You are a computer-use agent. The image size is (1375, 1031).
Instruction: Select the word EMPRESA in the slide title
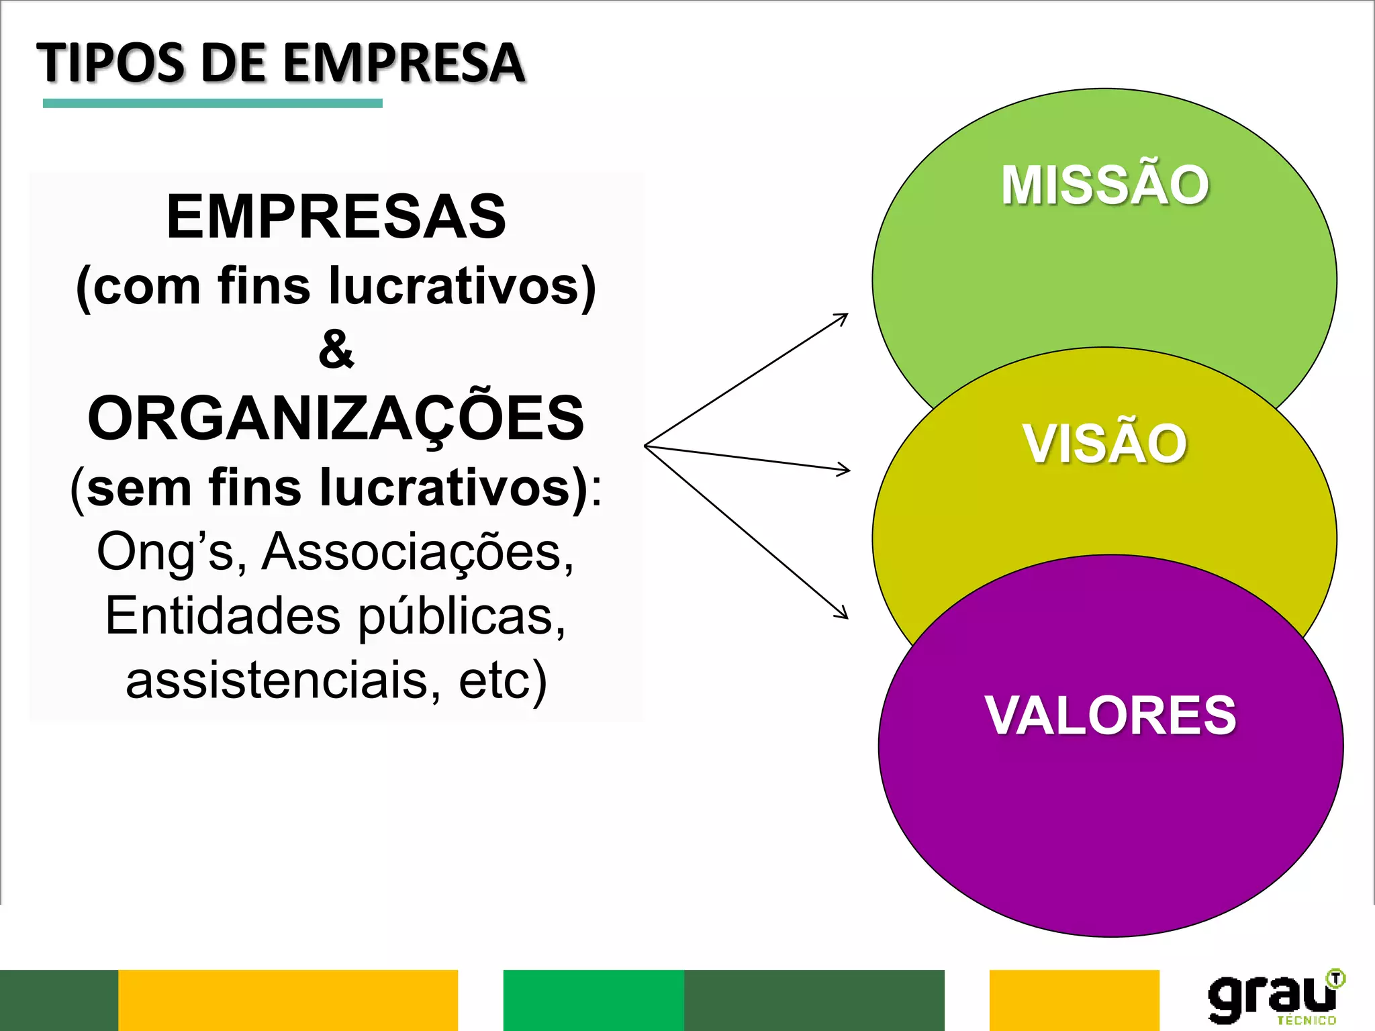click(404, 63)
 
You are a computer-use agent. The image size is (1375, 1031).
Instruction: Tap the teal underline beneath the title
click(212, 103)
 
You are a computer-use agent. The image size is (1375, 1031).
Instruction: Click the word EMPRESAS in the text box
click(336, 216)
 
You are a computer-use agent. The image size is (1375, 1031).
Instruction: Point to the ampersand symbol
click(336, 349)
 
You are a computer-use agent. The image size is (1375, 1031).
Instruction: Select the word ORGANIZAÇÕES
click(336, 418)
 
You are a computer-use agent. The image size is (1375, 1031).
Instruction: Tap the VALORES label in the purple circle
click(1110, 716)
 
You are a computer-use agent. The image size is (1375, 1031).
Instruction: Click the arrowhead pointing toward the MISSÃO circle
click(843, 317)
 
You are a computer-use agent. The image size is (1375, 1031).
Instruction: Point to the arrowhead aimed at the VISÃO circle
click(845, 470)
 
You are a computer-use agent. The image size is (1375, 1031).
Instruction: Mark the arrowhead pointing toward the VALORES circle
click(843, 613)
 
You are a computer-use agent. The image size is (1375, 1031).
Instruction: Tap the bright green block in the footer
click(594, 1000)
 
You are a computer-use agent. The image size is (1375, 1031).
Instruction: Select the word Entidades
click(222, 616)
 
